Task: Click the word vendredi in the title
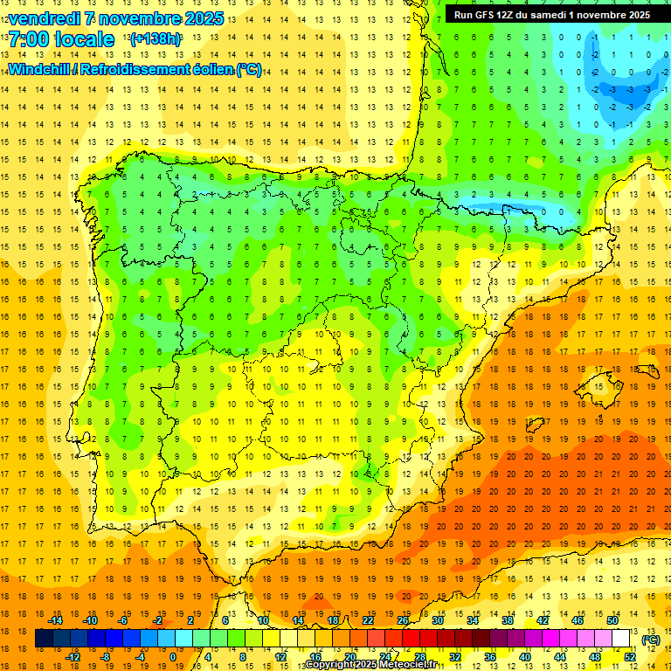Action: click(45, 18)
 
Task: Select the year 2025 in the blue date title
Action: click(199, 18)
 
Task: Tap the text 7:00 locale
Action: click(61, 39)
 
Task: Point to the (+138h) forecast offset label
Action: click(155, 39)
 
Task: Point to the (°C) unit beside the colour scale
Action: click(650, 640)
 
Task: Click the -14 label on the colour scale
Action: click(55, 620)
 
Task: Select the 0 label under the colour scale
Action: click(173, 657)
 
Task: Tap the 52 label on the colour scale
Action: click(629, 657)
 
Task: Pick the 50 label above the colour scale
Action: click(612, 620)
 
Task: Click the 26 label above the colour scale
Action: click(403, 620)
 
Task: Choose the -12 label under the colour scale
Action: click(73, 657)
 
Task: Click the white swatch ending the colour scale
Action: click(621, 639)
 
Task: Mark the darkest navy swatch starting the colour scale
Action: click(44, 639)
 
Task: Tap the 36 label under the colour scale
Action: click(490, 657)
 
